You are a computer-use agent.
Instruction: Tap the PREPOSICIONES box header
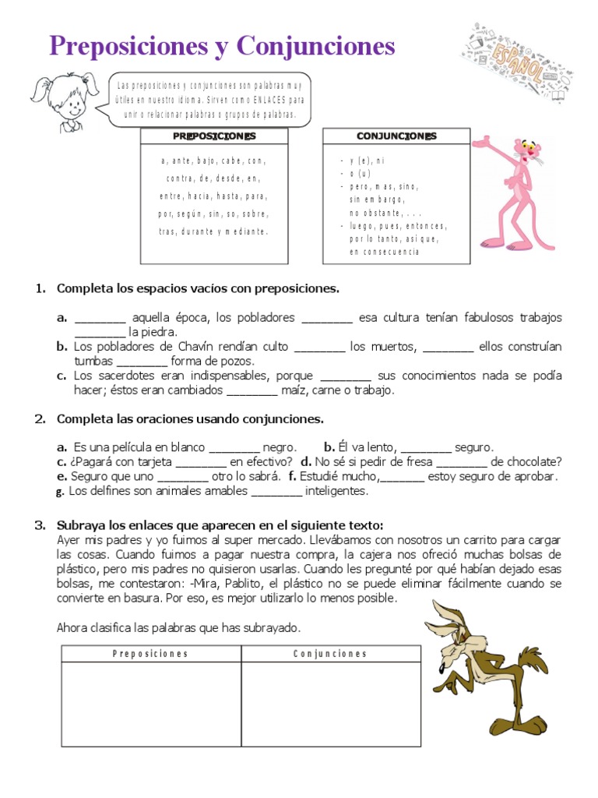coord(214,136)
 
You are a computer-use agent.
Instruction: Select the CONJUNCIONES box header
coord(396,136)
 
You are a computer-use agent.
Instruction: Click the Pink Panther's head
coord(529,153)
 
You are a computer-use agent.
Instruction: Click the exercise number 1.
coord(40,288)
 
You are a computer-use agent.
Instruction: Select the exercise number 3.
coord(40,524)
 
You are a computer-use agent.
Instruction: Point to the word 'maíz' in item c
coord(297,390)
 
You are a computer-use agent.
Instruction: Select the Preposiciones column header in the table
coord(150,654)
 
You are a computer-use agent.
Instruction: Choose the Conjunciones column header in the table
coord(330,654)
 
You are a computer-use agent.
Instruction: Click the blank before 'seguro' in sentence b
coord(426,448)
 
